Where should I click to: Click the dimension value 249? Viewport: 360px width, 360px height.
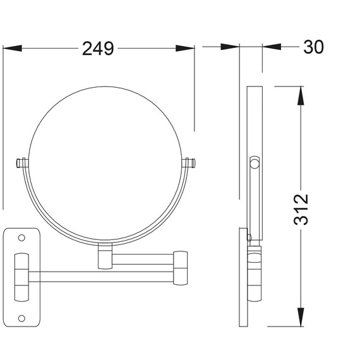click(x=98, y=49)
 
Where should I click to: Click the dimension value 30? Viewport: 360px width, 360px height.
click(x=313, y=47)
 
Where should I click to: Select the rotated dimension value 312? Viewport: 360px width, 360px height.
click(x=301, y=209)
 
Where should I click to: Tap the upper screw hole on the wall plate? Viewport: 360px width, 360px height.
click(x=21, y=237)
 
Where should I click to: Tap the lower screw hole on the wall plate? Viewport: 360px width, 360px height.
click(x=21, y=318)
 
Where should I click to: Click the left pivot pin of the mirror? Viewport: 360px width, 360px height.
click(x=22, y=163)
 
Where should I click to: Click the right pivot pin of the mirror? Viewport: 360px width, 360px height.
click(x=188, y=163)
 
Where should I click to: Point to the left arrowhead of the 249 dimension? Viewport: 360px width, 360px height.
click(x=13, y=48)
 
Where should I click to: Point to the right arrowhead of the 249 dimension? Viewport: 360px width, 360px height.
click(x=185, y=48)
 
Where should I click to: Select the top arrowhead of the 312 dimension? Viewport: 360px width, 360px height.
click(x=301, y=96)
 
